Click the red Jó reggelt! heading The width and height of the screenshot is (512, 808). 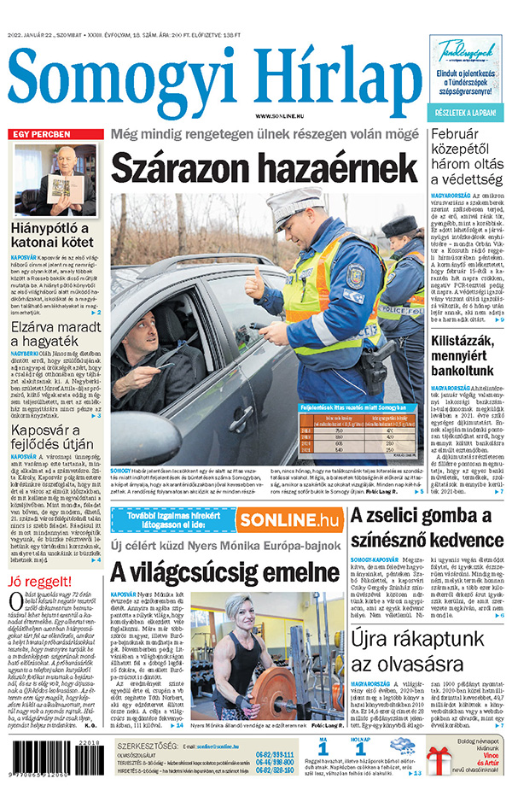coord(38,583)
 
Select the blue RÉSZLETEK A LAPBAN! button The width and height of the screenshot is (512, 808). coord(466,112)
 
